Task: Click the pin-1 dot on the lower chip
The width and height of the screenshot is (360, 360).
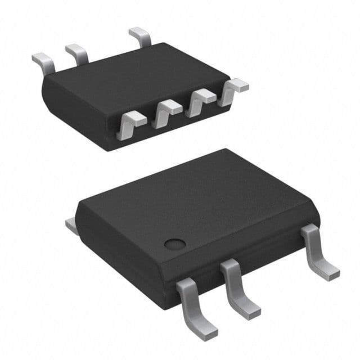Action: [x=175, y=244]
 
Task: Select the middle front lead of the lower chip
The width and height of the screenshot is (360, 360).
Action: [x=238, y=287]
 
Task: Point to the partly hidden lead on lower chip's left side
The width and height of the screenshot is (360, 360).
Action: [x=71, y=226]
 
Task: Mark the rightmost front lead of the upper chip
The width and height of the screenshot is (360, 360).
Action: [x=233, y=90]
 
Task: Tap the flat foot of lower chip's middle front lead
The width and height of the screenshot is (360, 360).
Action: [x=251, y=310]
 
